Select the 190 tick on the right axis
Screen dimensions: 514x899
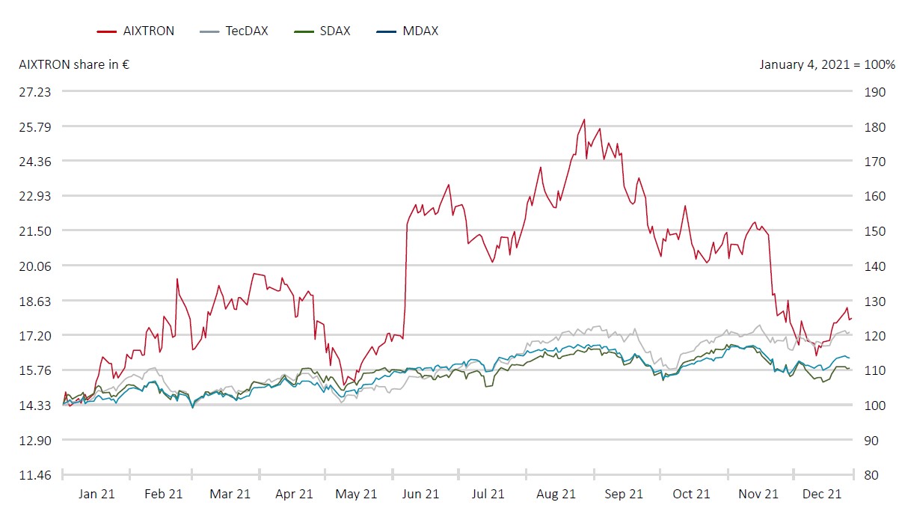(x=875, y=92)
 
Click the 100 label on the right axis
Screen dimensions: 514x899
(x=875, y=406)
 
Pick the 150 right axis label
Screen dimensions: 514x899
(x=875, y=231)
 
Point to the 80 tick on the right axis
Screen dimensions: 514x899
(x=872, y=475)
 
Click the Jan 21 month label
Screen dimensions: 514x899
(x=96, y=494)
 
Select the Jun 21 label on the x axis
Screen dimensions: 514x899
(x=420, y=494)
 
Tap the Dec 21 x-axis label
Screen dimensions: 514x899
(x=823, y=494)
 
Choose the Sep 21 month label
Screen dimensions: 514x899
(x=624, y=494)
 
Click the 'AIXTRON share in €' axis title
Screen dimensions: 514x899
(x=74, y=64)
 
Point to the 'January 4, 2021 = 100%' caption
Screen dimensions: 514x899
(x=827, y=64)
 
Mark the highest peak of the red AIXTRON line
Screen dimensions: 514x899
(x=584, y=120)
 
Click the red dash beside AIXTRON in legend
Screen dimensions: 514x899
(x=106, y=31)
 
